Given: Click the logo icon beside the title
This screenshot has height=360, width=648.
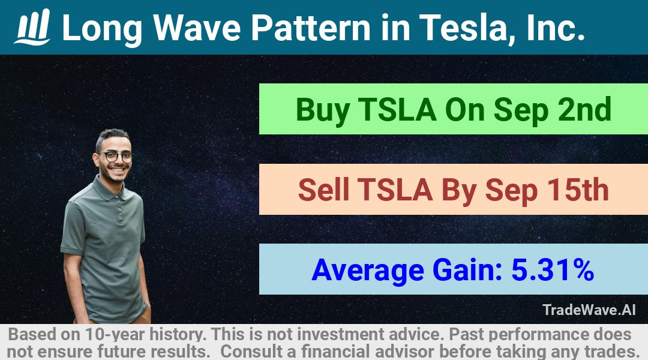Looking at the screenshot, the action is coord(32,27).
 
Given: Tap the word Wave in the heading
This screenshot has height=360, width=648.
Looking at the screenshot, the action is coord(197,28).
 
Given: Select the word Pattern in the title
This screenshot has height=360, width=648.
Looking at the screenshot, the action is coord(311,28).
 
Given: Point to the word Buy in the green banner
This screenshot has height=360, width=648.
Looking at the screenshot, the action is coord(323,110).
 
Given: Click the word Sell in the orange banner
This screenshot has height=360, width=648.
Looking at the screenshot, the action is coord(323,190).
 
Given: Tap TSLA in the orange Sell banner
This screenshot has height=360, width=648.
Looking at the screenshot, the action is coord(395,190).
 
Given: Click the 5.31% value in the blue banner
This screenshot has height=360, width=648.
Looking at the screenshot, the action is coord(553,269).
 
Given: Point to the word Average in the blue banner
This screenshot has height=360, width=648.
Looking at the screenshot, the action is coord(368,271).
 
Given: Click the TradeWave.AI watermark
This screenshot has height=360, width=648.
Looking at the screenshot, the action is coord(589,310).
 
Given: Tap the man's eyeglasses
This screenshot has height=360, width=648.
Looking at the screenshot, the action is coord(116,157).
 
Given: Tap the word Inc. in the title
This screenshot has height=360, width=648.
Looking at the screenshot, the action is coord(556,28).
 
